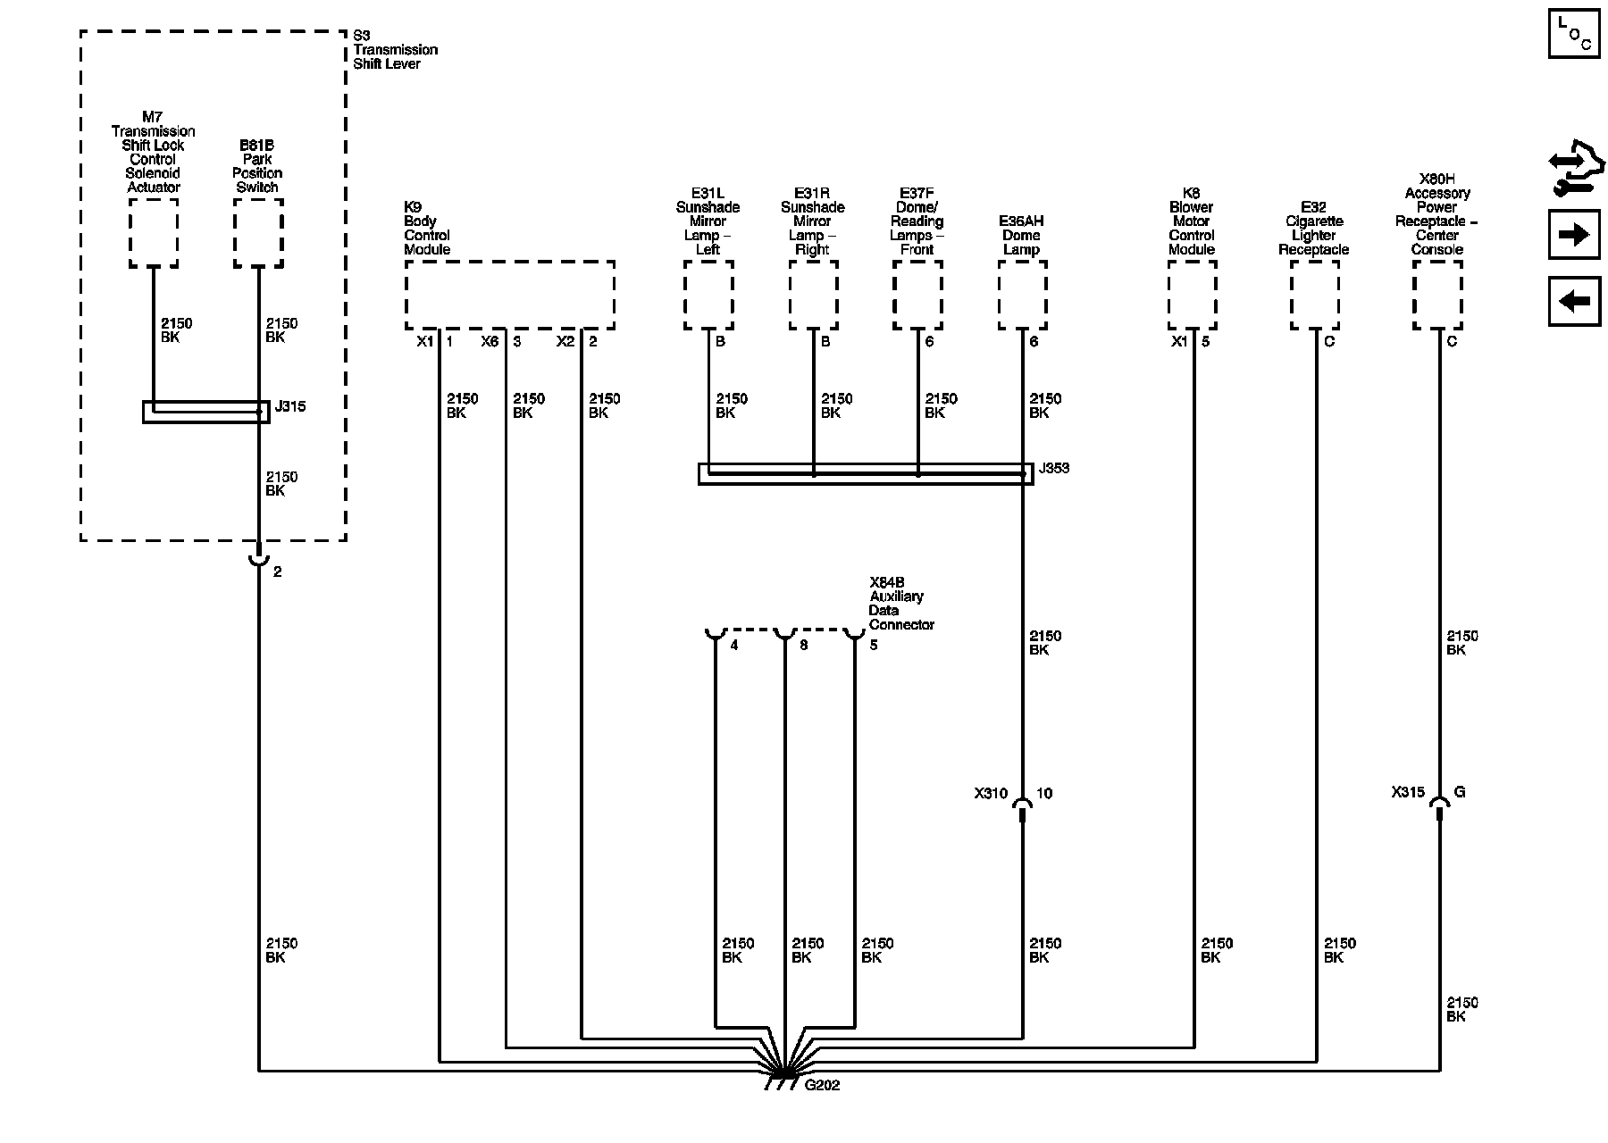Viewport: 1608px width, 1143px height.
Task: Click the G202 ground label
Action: click(x=822, y=1086)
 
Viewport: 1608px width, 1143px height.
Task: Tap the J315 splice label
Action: click(x=290, y=406)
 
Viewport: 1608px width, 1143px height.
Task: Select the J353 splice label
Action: click(x=1054, y=468)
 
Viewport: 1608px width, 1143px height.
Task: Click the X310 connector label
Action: click(x=991, y=793)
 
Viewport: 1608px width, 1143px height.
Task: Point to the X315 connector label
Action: click(x=1408, y=792)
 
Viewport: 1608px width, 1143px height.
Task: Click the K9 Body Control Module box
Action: click(x=509, y=296)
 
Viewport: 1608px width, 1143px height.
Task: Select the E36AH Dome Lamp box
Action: click(x=1022, y=296)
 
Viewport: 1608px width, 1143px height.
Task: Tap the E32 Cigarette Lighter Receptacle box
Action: click(x=1314, y=296)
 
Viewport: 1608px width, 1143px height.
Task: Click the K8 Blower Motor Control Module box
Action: click(x=1192, y=296)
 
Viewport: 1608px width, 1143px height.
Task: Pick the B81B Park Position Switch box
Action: click(x=258, y=232)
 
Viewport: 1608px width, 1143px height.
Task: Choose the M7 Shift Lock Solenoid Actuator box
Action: click(x=154, y=232)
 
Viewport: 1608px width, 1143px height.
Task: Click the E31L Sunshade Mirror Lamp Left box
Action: click(x=708, y=296)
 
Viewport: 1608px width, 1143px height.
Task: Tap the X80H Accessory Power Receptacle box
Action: click(x=1437, y=296)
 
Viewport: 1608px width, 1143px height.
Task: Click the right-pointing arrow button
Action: click(x=1573, y=235)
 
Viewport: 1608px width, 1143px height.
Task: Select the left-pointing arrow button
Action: click(x=1573, y=301)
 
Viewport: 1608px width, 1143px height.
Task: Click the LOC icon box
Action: click(x=1573, y=34)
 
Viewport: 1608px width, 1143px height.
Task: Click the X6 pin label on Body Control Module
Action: click(x=490, y=341)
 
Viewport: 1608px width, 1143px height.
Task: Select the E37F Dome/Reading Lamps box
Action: click(x=917, y=296)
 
